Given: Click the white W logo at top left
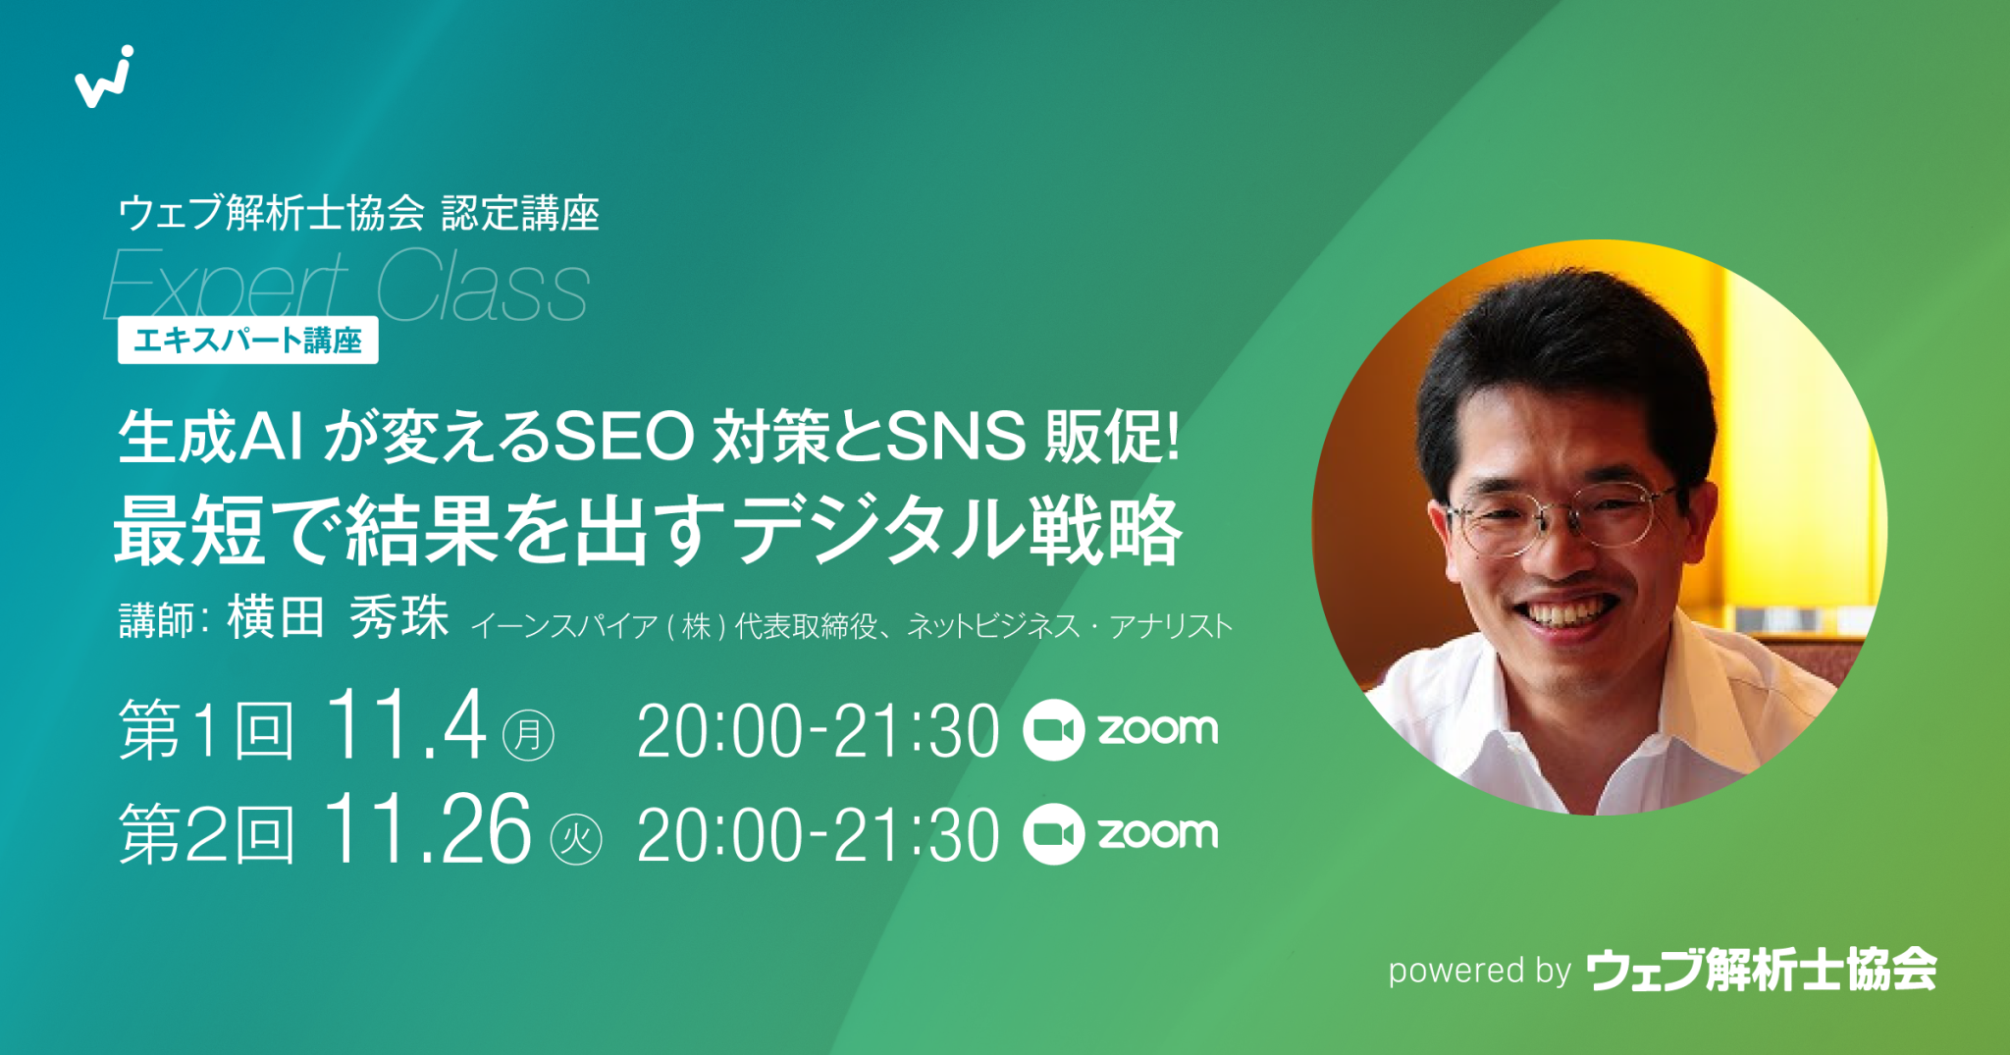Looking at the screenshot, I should [103, 78].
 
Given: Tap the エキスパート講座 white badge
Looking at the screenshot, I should [247, 341].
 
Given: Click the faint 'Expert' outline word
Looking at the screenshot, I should [226, 287].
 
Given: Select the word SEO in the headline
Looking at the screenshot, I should [624, 438].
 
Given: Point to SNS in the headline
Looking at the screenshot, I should [956, 438].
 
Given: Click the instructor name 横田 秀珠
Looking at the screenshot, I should [338, 618].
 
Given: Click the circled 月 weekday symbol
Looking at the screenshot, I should [529, 735].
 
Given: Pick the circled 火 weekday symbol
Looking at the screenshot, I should [576, 839].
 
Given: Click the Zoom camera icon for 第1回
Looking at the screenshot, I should [1053, 730].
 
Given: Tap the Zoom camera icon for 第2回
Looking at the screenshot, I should [1053, 834].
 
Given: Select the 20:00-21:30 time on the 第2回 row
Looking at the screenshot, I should [818, 836].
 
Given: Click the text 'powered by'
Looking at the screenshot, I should [1479, 971].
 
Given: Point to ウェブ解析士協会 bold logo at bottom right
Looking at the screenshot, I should [1762, 970].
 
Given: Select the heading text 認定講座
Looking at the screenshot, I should [520, 213].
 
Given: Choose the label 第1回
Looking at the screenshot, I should [206, 731].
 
